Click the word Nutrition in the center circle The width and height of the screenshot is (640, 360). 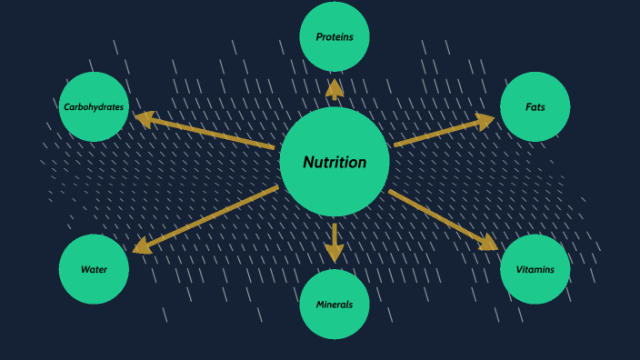coord(335,163)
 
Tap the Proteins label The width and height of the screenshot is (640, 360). coord(335,37)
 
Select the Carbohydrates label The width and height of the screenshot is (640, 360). coord(94,107)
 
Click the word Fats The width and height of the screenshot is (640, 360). coord(535,107)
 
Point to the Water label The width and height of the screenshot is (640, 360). coord(94,269)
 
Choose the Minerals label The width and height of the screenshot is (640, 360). coord(335,305)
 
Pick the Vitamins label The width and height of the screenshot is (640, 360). coord(535,269)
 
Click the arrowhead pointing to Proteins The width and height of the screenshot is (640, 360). coord(335,88)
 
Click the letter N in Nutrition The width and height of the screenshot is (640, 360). coord(309,163)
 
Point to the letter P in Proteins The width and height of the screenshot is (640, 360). coord(319,37)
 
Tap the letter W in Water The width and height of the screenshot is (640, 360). coord(85,269)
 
